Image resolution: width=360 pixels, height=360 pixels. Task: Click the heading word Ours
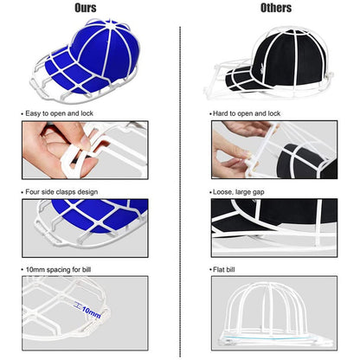click(x=86, y=8)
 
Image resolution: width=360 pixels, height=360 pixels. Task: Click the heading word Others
click(x=276, y=8)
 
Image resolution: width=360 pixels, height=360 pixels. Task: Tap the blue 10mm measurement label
click(x=91, y=312)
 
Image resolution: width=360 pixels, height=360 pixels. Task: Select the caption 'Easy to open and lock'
click(x=59, y=113)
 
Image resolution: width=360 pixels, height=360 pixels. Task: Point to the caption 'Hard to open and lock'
click(x=247, y=113)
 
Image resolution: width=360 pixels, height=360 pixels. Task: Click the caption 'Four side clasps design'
click(x=61, y=192)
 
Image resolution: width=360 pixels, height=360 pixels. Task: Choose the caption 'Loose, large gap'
click(x=239, y=192)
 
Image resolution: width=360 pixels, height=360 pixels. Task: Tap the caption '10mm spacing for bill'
click(x=58, y=270)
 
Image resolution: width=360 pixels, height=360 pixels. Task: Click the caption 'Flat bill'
click(x=224, y=270)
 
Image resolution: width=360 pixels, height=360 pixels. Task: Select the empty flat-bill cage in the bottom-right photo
click(x=274, y=314)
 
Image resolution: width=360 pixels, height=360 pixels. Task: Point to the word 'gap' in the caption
click(x=259, y=192)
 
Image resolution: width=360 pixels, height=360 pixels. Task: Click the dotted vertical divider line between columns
click(x=180, y=192)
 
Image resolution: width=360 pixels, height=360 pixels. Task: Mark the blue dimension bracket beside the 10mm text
click(x=78, y=305)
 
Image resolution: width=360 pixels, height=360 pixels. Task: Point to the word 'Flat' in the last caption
click(x=219, y=270)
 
